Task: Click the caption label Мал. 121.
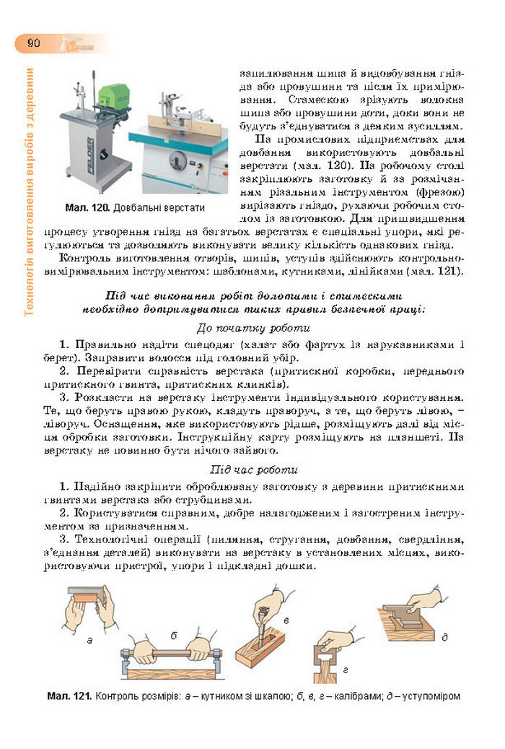pos(69,696)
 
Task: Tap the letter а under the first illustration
pos(89,639)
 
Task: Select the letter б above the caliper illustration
pos(174,635)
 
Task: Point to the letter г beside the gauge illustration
pos(346,670)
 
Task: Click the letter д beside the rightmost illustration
pos(444,636)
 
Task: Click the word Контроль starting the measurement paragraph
pos(85,258)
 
